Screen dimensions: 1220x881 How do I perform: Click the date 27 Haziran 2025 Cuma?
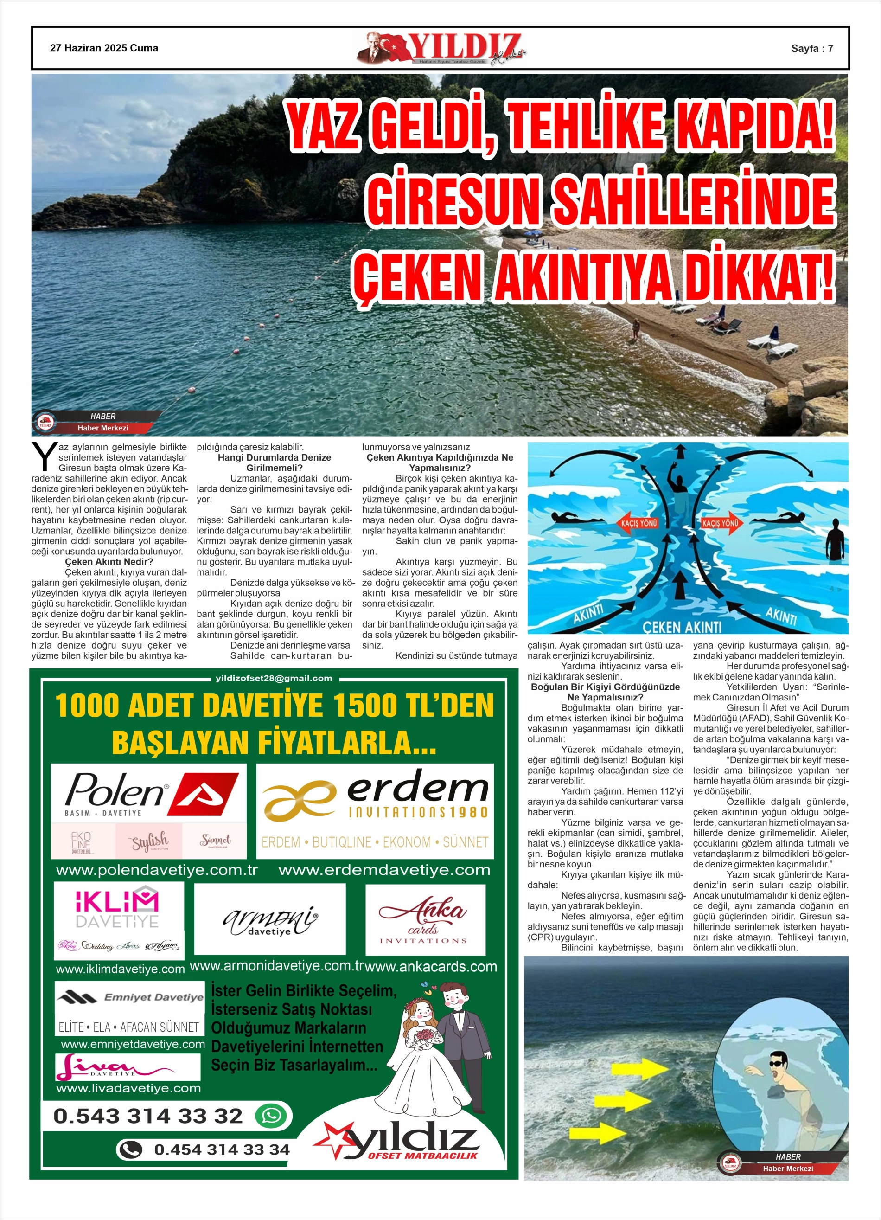pos(104,48)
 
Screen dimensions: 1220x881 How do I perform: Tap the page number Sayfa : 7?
pos(811,48)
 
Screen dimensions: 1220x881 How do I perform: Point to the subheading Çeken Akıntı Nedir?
pos(109,562)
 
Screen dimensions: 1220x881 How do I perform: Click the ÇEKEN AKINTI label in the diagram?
pos(682,627)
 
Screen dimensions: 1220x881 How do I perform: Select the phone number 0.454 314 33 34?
pos(222,1150)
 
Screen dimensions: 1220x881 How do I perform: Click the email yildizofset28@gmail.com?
pos(274,678)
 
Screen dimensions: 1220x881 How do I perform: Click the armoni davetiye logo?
pos(269,920)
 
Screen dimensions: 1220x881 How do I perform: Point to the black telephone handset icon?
pos(130,1150)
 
